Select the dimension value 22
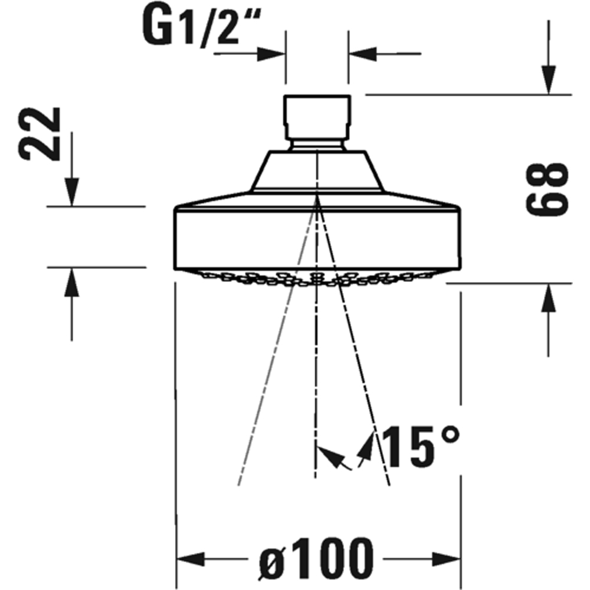[x=40, y=134]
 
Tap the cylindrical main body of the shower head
[x=317, y=236]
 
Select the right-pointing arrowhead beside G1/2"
[x=272, y=53]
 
